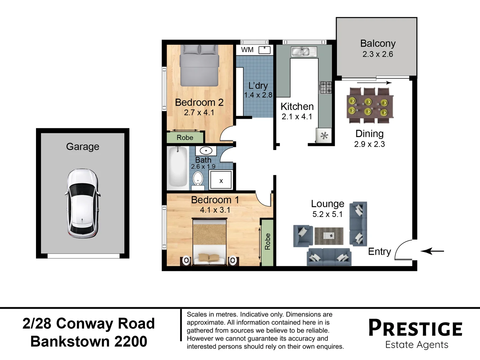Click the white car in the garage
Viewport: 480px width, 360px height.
click(82, 203)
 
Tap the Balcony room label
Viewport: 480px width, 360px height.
click(378, 43)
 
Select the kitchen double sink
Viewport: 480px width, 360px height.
click(304, 52)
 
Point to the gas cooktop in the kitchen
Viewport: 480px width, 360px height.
click(325, 87)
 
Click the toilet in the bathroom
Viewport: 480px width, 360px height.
click(198, 181)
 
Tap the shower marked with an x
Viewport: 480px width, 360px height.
click(221, 180)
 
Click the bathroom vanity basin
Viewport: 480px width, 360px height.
click(206, 151)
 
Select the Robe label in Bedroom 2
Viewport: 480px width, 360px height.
click(185, 137)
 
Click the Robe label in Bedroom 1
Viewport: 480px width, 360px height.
click(267, 241)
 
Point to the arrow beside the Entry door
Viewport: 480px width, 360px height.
click(432, 251)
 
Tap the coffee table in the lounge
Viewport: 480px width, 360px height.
click(329, 236)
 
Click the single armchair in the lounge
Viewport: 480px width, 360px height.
click(303, 236)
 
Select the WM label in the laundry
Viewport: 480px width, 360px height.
click(247, 50)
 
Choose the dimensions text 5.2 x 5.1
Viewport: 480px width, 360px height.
click(327, 214)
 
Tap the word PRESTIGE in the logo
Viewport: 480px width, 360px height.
click(415, 328)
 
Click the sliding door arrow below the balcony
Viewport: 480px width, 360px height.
click(374, 83)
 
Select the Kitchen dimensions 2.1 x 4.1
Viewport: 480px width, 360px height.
click(297, 117)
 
